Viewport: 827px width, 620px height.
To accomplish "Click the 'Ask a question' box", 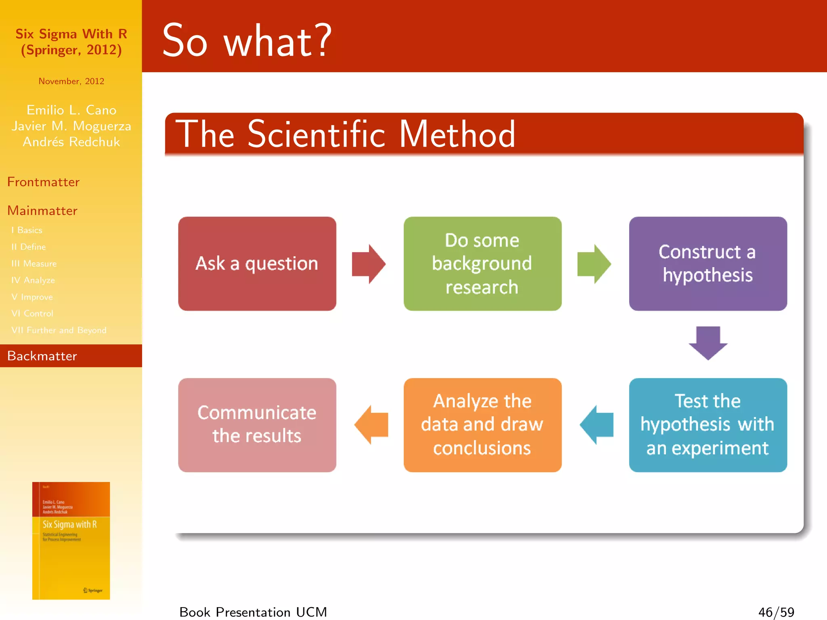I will [257, 264].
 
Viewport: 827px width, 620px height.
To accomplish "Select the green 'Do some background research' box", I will [482, 264].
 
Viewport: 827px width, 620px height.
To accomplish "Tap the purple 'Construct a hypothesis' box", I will [707, 264].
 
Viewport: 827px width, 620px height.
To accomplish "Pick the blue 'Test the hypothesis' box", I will [707, 425].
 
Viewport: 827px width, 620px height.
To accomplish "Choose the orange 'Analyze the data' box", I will [482, 425].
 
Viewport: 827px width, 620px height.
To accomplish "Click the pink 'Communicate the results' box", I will [257, 425].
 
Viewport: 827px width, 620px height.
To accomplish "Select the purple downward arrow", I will [708, 342].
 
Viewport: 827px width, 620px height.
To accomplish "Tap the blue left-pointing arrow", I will [597, 425].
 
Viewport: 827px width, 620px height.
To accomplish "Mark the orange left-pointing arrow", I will [372, 425].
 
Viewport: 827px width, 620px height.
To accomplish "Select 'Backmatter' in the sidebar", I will [42, 356].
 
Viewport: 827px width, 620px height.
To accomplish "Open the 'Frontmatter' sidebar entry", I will [43, 182].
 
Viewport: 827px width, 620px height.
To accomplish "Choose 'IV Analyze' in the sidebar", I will [33, 280].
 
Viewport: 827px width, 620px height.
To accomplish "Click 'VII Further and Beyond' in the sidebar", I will [59, 330].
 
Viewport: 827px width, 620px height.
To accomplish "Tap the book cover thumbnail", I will [71, 540].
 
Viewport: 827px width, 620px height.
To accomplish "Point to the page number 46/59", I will [776, 612].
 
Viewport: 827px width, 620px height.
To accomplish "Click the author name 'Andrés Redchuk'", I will [71, 142].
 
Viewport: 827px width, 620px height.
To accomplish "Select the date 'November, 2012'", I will [71, 81].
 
